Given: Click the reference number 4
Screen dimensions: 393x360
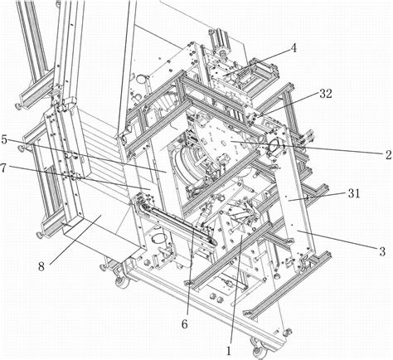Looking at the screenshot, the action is (294, 48).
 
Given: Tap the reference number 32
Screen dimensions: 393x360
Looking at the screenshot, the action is (326, 94).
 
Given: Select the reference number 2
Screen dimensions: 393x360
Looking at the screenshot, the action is (389, 155).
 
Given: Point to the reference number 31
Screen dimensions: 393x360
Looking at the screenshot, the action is (354, 193).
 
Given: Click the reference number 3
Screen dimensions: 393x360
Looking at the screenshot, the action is (382, 251).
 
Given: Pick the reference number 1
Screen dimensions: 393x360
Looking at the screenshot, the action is (229, 351).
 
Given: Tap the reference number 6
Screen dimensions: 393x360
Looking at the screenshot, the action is (185, 324).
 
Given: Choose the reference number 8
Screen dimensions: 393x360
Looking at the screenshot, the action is (41, 267).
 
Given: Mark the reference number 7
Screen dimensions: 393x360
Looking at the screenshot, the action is (3, 168).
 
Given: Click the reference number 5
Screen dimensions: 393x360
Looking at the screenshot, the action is (4, 139).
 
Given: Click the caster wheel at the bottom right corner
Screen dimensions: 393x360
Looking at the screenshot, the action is (259, 350).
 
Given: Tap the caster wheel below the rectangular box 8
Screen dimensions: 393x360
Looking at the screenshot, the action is (122, 282).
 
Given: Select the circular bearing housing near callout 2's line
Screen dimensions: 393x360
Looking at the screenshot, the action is (275, 144).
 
